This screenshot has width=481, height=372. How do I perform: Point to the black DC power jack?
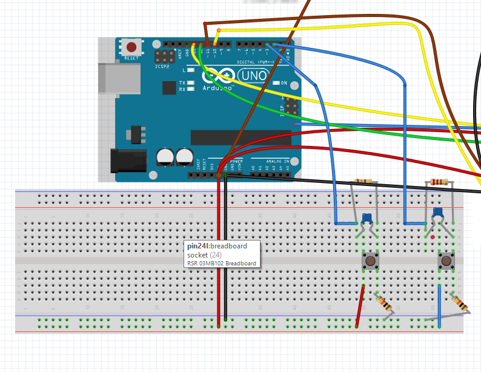tap(128, 160)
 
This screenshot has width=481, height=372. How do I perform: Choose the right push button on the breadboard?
tap(447, 261)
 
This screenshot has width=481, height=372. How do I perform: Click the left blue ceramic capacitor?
tap(365, 217)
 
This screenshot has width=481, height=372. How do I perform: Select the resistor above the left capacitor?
tap(363, 181)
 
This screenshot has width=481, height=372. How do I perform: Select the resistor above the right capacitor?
tap(437, 181)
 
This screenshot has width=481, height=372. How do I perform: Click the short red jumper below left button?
tap(361, 306)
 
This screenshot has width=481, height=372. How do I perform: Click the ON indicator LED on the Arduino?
tap(276, 82)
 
